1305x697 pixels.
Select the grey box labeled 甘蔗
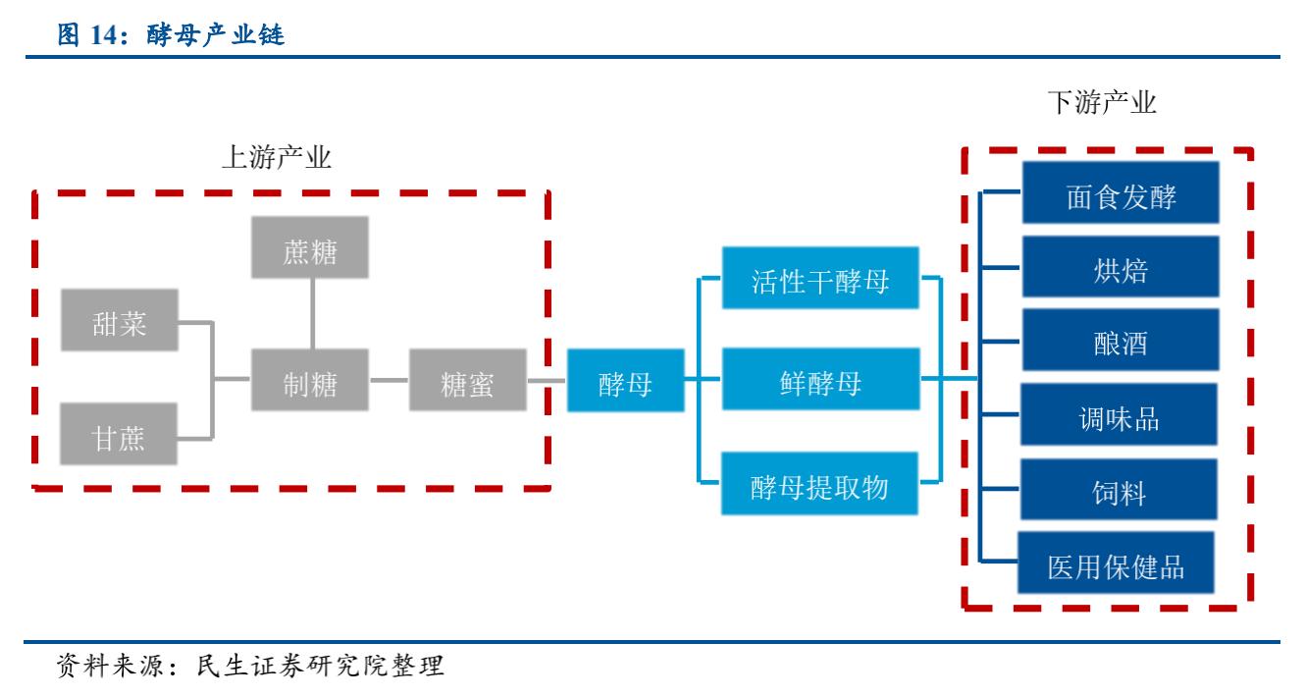pyautogui.click(x=121, y=435)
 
